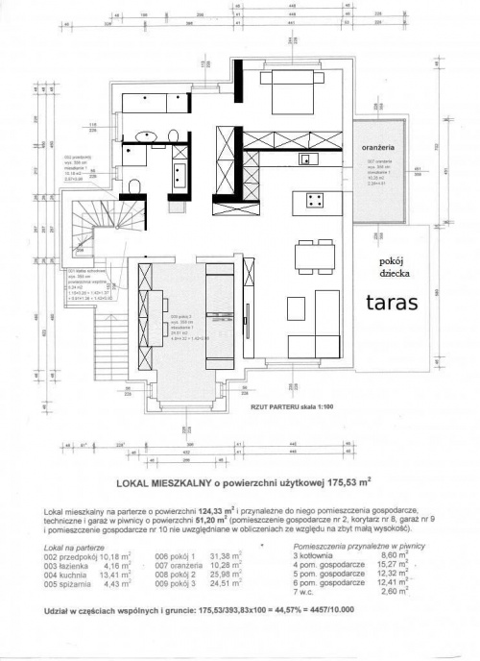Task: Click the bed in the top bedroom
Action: pos(293,99)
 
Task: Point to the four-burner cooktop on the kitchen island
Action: pos(313,200)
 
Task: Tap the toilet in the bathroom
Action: pos(135,186)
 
